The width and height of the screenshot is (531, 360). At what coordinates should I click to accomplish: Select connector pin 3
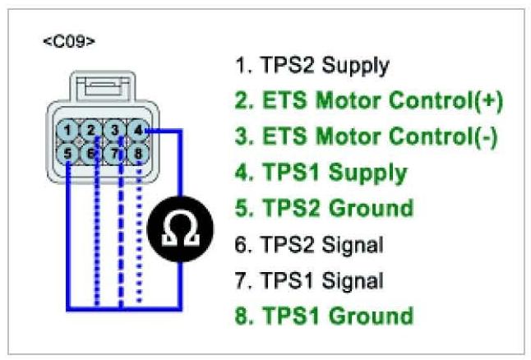point(118,130)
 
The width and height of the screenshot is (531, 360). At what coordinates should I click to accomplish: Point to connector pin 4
point(140,130)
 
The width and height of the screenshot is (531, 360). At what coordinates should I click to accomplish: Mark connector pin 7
point(118,151)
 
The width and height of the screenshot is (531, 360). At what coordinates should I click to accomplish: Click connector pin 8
point(140,151)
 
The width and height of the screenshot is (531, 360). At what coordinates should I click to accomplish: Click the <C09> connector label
point(68,40)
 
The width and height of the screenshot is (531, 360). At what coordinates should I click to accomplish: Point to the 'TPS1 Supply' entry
point(321,172)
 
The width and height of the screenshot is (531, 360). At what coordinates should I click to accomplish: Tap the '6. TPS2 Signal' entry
point(310,244)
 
